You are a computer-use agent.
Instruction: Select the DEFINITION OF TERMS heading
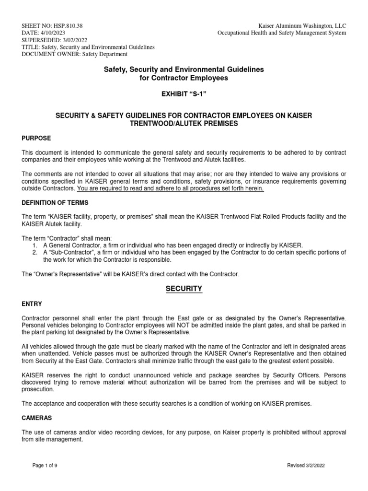click(54, 203)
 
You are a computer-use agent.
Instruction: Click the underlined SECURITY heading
click(184, 289)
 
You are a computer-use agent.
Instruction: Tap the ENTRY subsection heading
click(32, 304)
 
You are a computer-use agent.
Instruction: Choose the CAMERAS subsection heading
click(37, 418)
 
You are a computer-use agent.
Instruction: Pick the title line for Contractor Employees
click(184, 78)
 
